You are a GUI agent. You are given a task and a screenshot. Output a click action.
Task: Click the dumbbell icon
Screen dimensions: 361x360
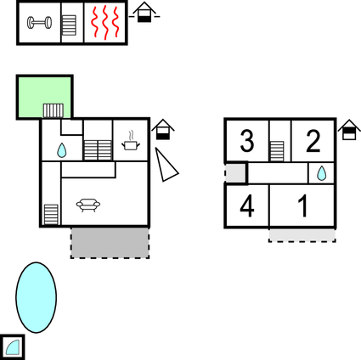point(39,23)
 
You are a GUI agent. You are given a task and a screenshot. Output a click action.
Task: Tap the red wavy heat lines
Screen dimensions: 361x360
point(105,22)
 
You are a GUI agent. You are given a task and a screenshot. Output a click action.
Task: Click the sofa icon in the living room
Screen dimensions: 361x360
point(88,205)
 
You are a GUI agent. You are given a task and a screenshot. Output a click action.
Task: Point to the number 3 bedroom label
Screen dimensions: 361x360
point(247,141)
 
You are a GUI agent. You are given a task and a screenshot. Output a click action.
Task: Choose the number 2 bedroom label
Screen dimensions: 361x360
point(313,141)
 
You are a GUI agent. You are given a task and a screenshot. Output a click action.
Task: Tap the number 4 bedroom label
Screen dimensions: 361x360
point(247,206)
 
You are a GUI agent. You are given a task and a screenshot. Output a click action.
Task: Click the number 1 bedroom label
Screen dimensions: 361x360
point(303,206)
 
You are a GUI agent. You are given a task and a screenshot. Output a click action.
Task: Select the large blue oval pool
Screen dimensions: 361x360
point(36,297)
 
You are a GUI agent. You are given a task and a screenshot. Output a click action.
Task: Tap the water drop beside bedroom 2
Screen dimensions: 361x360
point(321,173)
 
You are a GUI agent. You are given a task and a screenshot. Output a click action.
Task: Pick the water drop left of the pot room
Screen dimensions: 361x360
point(61,150)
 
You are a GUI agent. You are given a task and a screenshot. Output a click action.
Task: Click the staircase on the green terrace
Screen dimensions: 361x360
point(54,110)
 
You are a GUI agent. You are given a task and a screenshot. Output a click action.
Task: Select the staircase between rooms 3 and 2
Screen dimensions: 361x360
point(277,151)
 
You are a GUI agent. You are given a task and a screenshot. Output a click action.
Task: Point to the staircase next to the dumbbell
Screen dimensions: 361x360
point(69,25)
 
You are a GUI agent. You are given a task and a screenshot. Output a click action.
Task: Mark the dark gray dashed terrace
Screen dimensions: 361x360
point(110,243)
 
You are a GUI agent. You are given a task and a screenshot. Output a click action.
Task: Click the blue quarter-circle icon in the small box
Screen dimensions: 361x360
point(13,348)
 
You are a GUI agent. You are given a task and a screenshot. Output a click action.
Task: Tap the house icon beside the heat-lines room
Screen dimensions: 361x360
point(144,12)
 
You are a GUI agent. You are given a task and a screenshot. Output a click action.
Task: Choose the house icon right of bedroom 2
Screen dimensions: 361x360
point(349,130)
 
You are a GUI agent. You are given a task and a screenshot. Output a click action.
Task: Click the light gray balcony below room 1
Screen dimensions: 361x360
point(302,235)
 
